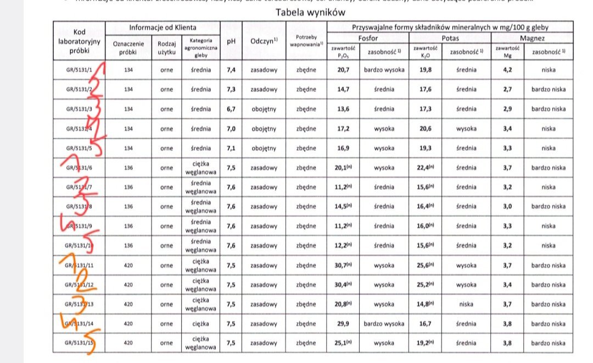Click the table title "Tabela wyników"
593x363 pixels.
point(311,12)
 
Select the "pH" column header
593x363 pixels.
point(231,41)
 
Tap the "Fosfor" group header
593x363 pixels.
point(367,38)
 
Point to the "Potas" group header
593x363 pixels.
point(450,38)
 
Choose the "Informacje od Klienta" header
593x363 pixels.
point(163,27)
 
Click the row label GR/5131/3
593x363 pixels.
point(79,109)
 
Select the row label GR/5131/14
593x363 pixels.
point(79,324)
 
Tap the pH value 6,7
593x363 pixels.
point(231,109)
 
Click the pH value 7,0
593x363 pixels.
point(231,129)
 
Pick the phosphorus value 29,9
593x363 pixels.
point(344,324)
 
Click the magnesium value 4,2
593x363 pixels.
point(507,70)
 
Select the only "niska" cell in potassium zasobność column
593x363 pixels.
point(466,304)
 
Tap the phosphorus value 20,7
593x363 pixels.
point(344,70)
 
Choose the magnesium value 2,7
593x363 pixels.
point(507,89)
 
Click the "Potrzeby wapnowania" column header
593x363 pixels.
point(306,41)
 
